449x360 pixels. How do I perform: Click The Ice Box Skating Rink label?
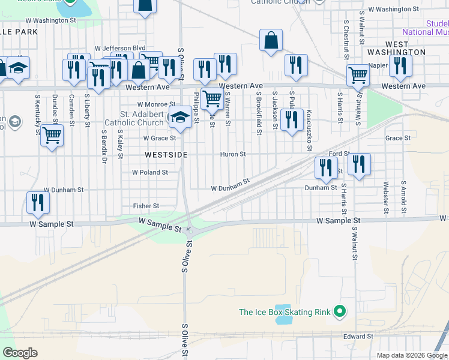[285, 312]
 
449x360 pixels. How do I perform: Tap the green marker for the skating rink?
[340, 311]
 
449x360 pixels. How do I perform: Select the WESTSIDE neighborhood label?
[166, 155]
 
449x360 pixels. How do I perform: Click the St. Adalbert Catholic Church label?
[133, 118]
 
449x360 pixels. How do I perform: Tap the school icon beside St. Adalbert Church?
[179, 118]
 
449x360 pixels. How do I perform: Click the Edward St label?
[358, 337]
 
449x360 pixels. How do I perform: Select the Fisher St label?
[146, 206]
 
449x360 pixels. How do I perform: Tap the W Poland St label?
[150, 172]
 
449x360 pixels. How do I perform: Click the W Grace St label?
[160, 138]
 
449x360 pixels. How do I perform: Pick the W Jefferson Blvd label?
[120, 48]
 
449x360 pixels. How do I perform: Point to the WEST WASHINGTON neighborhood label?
[406, 49]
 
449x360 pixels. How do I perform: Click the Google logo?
[20, 353]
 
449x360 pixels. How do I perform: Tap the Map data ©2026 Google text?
[412, 355]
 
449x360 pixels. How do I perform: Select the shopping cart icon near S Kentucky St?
[52, 137]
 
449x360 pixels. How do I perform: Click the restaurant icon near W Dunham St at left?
[38, 203]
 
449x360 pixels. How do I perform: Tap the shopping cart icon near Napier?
[358, 76]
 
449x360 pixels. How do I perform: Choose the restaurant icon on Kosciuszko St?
[292, 120]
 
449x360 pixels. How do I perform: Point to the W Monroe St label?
[157, 104]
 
